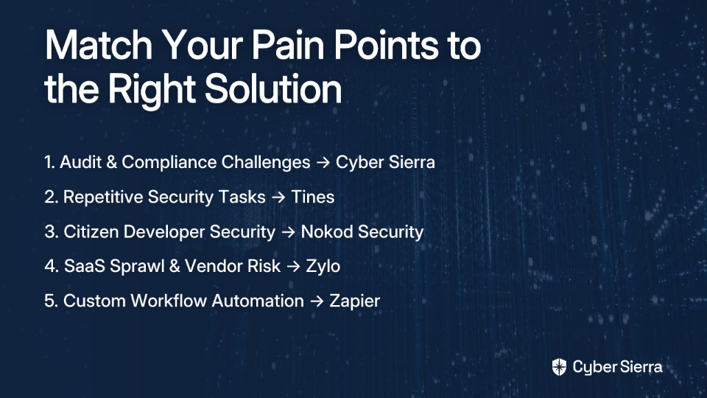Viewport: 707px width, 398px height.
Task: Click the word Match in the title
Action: pyautogui.click(x=99, y=45)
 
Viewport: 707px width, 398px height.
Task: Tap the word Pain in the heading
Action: pyautogui.click(x=288, y=45)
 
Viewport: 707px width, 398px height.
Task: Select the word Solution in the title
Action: pyautogui.click(x=273, y=88)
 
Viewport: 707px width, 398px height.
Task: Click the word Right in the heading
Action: pyautogui.click(x=152, y=90)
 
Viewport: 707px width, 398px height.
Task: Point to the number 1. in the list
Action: pyautogui.click(x=49, y=162)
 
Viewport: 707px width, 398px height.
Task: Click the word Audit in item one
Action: pyautogui.click(x=81, y=162)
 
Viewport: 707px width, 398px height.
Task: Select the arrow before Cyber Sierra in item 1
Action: pyautogui.click(x=323, y=163)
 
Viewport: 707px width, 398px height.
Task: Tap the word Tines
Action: pyautogui.click(x=312, y=198)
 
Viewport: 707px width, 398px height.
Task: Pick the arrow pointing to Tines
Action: pyautogui.click(x=278, y=198)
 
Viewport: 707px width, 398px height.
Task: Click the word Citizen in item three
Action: pyautogui.click(x=91, y=232)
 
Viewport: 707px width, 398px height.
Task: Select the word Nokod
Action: pyautogui.click(x=327, y=232)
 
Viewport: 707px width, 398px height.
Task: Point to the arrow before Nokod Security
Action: pyautogui.click(x=288, y=232)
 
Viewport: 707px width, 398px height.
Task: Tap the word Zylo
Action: pyautogui.click(x=323, y=267)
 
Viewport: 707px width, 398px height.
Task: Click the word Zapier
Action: pyautogui.click(x=354, y=301)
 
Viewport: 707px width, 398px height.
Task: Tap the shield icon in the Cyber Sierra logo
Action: pyautogui.click(x=559, y=367)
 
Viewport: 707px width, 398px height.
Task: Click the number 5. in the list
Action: pyautogui.click(x=51, y=301)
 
